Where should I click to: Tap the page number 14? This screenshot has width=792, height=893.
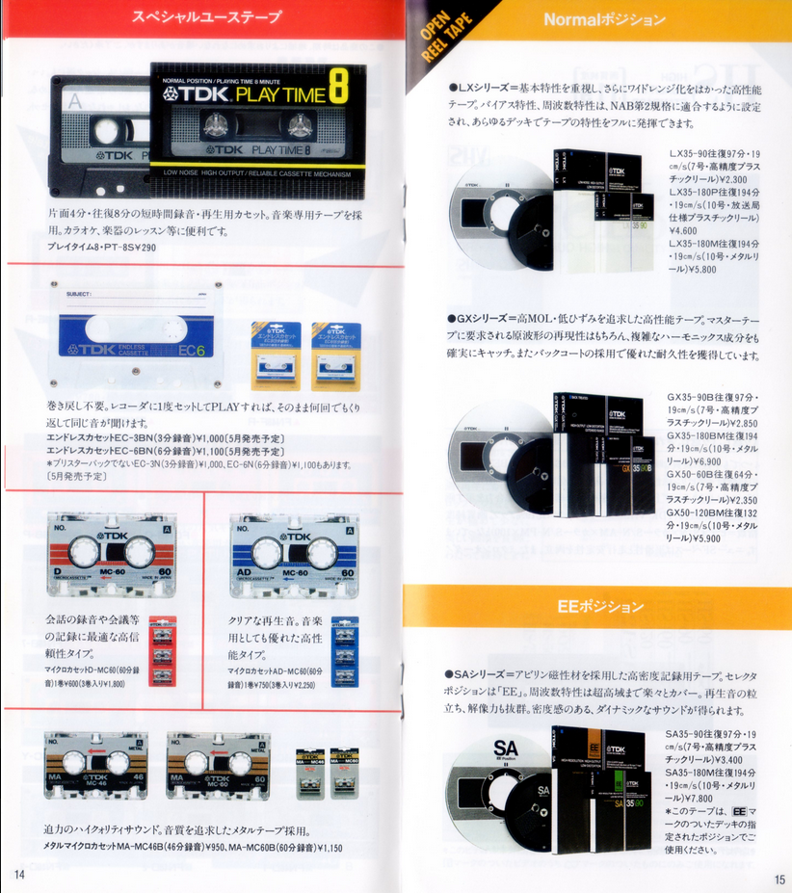pyautogui.click(x=18, y=874)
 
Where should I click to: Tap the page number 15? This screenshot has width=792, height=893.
pyautogui.click(x=779, y=879)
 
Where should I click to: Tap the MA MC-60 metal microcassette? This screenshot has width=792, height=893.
pyautogui.click(x=218, y=765)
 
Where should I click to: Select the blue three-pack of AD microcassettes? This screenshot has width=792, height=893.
pyautogui.click(x=344, y=650)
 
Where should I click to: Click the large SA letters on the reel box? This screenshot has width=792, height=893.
pyautogui.click(x=506, y=749)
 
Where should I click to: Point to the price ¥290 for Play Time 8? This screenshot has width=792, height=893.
pyautogui.click(x=143, y=248)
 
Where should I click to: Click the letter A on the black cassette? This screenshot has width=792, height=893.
pyautogui.click(x=75, y=99)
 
